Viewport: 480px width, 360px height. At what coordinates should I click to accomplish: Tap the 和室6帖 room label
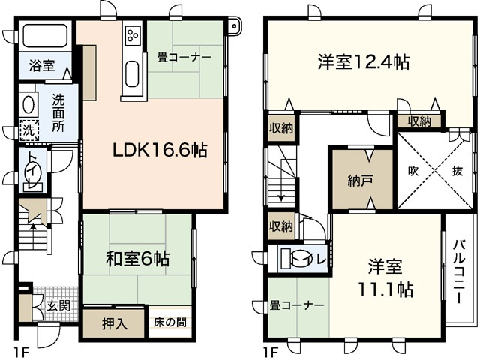point(136,260)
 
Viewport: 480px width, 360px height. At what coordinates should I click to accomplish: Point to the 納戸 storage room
point(361,180)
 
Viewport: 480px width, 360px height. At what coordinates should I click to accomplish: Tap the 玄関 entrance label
point(58,306)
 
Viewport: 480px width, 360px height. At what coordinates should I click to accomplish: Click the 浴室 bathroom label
point(41,66)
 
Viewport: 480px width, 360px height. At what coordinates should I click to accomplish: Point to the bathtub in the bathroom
point(44,35)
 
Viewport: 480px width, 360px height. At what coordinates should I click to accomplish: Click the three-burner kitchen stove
point(132,34)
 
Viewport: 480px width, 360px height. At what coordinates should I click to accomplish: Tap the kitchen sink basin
point(132,75)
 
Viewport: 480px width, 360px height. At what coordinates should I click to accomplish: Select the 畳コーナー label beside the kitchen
point(184,57)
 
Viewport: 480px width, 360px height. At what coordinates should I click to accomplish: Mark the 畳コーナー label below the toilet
point(298,305)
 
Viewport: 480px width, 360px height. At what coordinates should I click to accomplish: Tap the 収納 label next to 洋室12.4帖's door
point(419,120)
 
